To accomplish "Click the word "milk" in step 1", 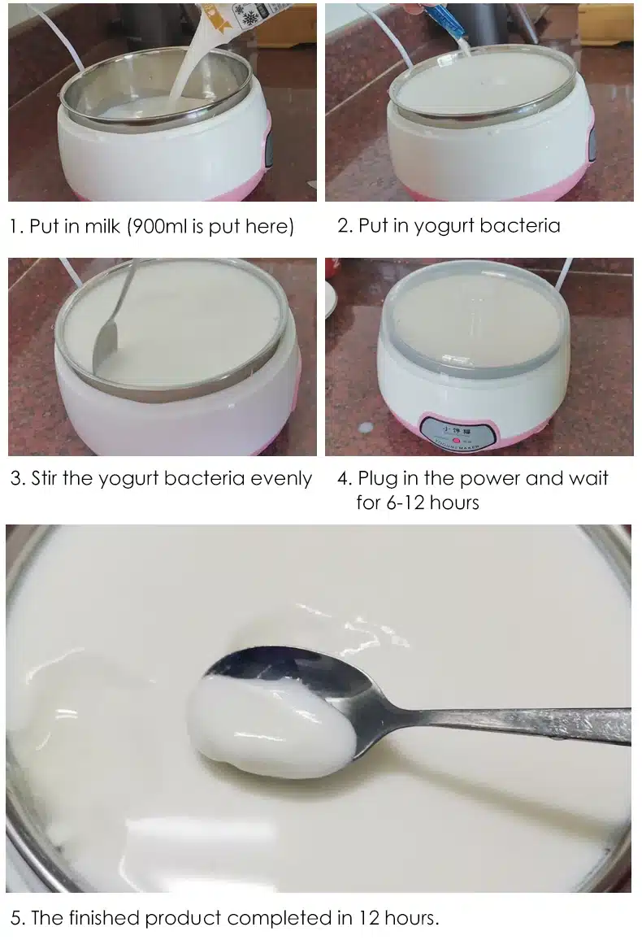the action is click(x=102, y=226).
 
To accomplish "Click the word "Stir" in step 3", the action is click(x=44, y=478).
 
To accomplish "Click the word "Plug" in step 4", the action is click(x=377, y=479).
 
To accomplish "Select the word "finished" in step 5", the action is click(x=104, y=918).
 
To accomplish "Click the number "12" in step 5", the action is click(x=368, y=918).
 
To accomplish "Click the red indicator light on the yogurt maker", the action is click(x=457, y=442).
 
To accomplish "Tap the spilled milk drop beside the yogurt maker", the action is click(x=365, y=428).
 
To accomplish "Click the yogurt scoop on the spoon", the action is click(x=269, y=722).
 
